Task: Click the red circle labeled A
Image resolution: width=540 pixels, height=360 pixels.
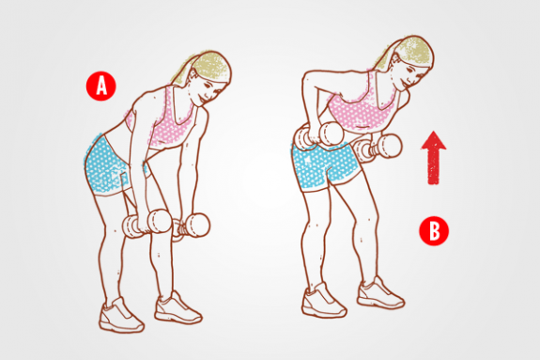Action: point(100,86)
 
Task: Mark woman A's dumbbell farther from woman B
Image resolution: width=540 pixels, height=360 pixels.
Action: point(140,228)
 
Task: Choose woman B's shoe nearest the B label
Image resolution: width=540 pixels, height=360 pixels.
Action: point(379,293)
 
